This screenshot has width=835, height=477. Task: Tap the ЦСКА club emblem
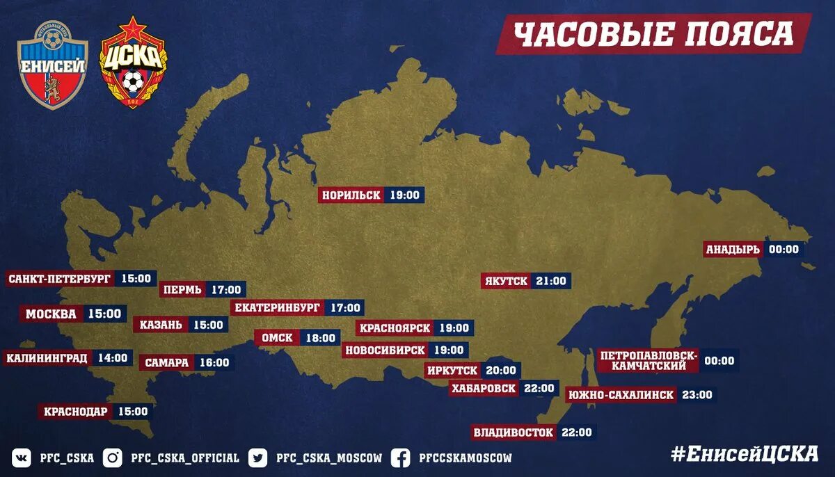tap(133, 63)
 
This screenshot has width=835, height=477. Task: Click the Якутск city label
tap(506, 281)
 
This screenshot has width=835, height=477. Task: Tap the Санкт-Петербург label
tap(60, 279)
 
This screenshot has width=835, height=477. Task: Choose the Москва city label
tap(51, 314)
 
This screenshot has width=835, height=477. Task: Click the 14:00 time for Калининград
tap(113, 358)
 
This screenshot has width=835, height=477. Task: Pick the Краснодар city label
tap(76, 411)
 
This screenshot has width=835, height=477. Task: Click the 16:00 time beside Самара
tap(214, 362)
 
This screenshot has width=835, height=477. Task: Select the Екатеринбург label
tap(278, 307)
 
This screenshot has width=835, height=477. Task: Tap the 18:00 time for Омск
tap(321, 338)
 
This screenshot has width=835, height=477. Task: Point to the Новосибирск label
tap(385, 350)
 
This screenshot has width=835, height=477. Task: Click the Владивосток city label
tap(514, 432)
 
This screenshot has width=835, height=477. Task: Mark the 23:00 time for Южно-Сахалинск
tap(697, 395)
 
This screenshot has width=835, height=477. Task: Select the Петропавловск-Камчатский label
tap(647, 361)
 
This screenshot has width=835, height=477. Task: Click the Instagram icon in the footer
tap(113, 458)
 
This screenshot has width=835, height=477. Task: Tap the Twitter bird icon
tap(258, 458)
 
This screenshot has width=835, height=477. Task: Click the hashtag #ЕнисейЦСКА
tap(745, 453)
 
